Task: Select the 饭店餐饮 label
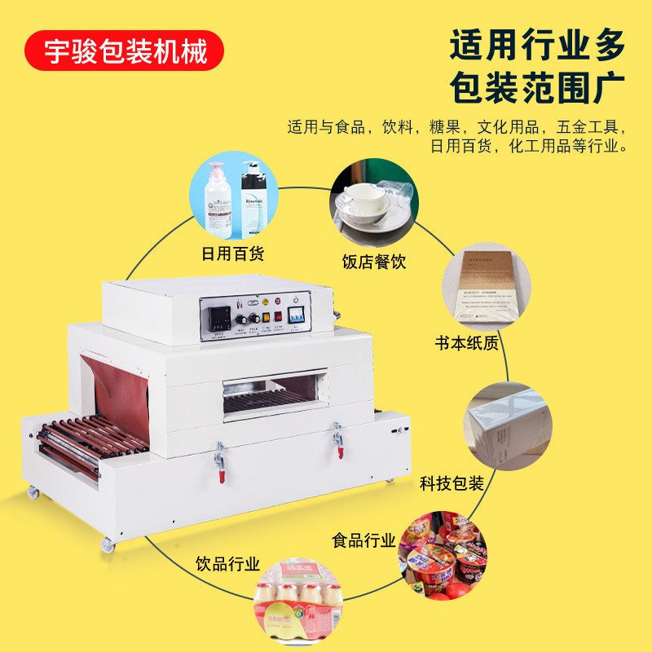(374, 262)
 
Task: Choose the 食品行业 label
(363, 540)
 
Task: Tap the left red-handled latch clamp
(218, 456)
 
